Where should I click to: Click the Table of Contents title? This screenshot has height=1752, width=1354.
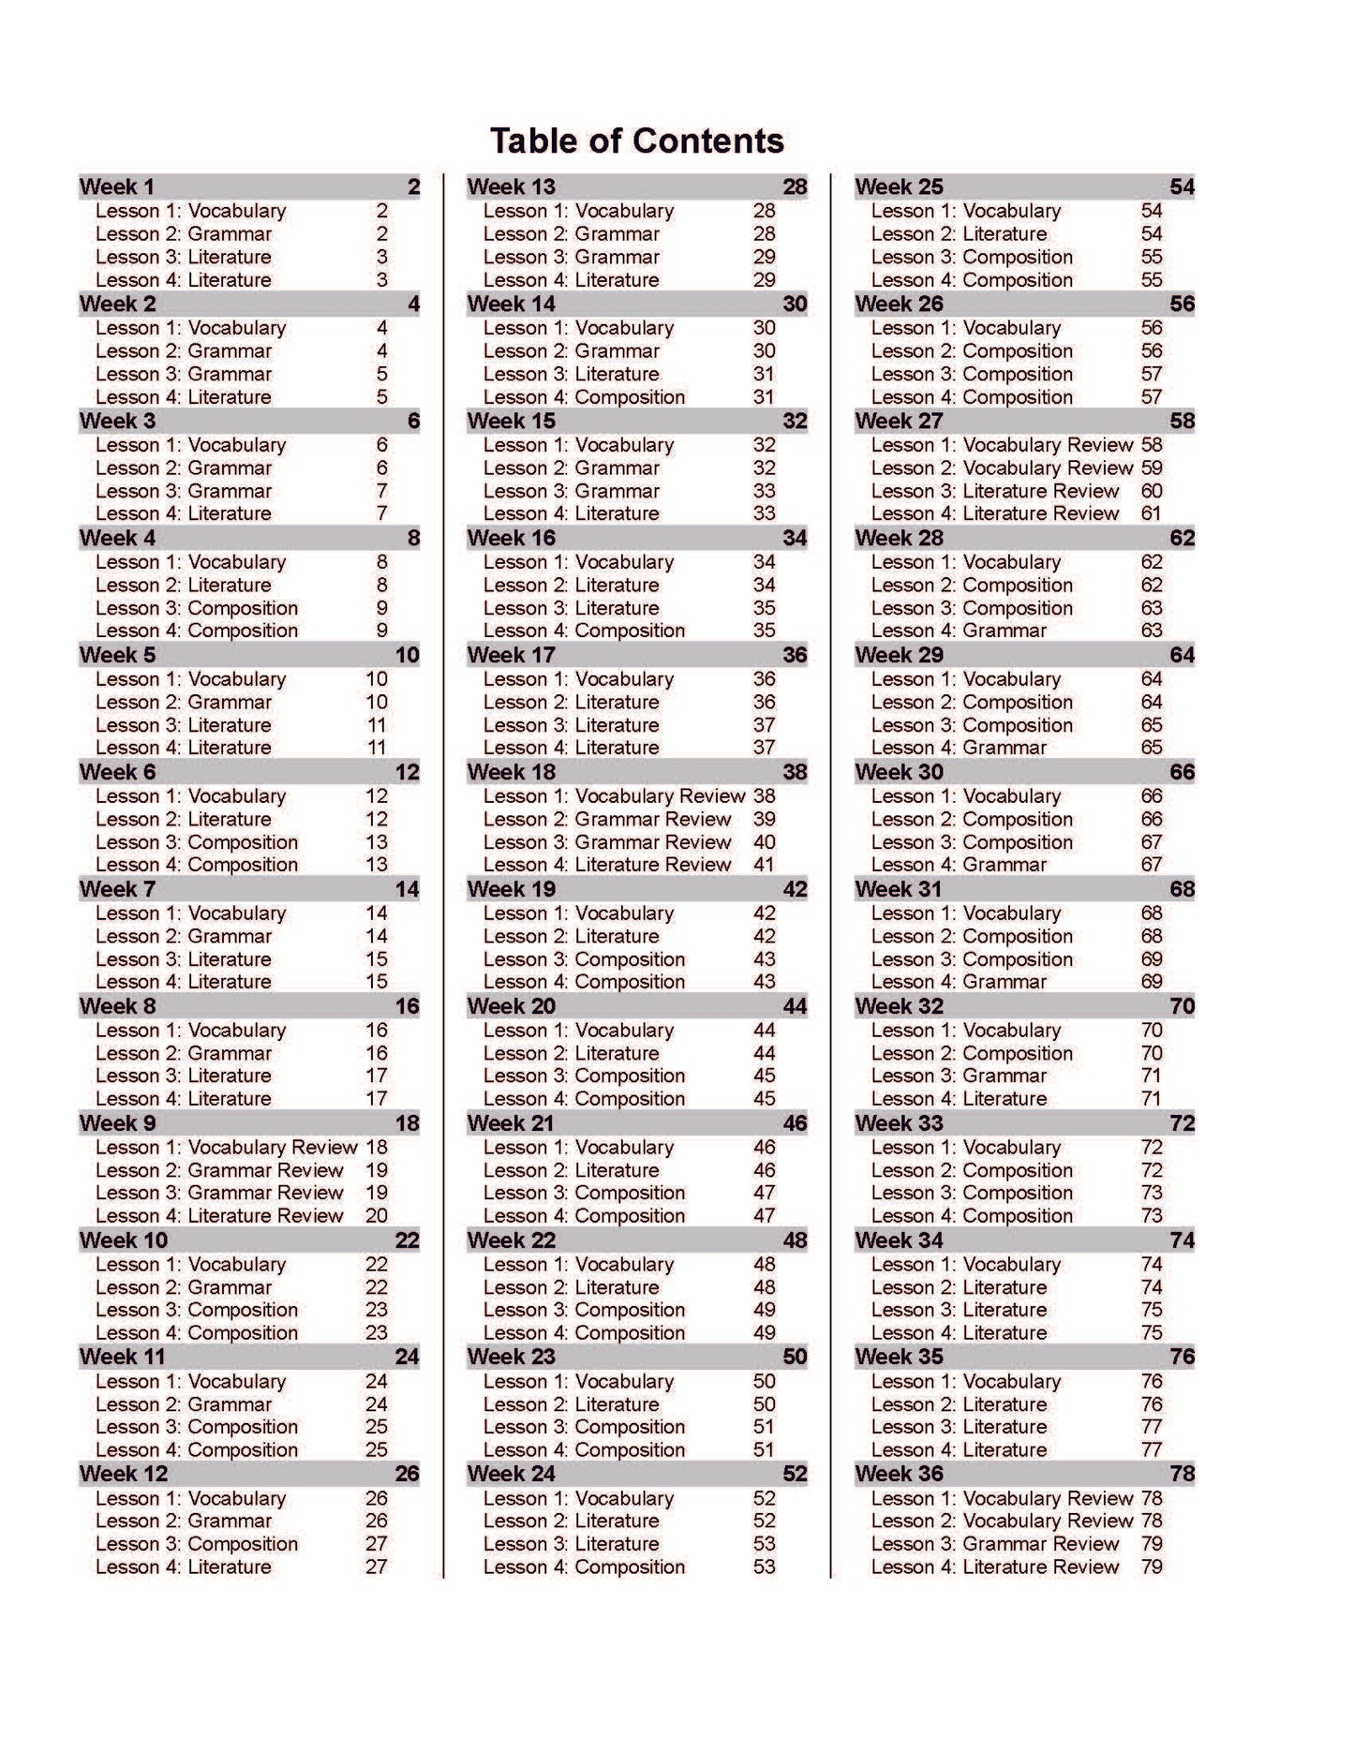tap(637, 141)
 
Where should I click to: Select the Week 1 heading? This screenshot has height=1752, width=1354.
tap(117, 186)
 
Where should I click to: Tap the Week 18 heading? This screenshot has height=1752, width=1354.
tap(512, 772)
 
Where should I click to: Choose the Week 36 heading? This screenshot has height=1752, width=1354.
tap(900, 1474)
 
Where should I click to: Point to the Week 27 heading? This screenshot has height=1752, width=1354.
tap(900, 421)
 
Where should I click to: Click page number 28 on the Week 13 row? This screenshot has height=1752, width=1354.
tap(795, 186)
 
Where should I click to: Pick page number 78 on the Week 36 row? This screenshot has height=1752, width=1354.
tap(1183, 1474)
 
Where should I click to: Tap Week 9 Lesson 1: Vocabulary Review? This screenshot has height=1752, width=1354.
tap(226, 1147)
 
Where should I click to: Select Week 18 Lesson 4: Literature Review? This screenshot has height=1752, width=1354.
tap(607, 865)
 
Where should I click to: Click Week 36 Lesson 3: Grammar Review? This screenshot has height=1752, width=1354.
tap(995, 1543)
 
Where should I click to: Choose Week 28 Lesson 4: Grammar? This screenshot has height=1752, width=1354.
tap(959, 631)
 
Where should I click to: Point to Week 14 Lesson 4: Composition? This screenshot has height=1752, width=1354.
tap(584, 396)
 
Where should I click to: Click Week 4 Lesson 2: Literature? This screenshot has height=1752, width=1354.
tap(184, 585)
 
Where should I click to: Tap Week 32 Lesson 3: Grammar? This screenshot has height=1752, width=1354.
tap(959, 1076)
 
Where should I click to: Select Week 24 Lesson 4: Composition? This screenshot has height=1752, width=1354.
tap(584, 1566)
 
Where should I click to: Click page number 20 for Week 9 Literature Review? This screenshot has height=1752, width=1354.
tap(377, 1215)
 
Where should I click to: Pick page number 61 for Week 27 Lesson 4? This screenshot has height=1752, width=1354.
tap(1152, 513)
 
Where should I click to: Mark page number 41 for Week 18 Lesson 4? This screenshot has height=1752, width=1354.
tap(765, 865)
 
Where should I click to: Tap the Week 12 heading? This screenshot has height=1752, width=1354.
tap(124, 1474)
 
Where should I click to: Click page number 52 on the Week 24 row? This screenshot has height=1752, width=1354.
tap(795, 1474)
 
